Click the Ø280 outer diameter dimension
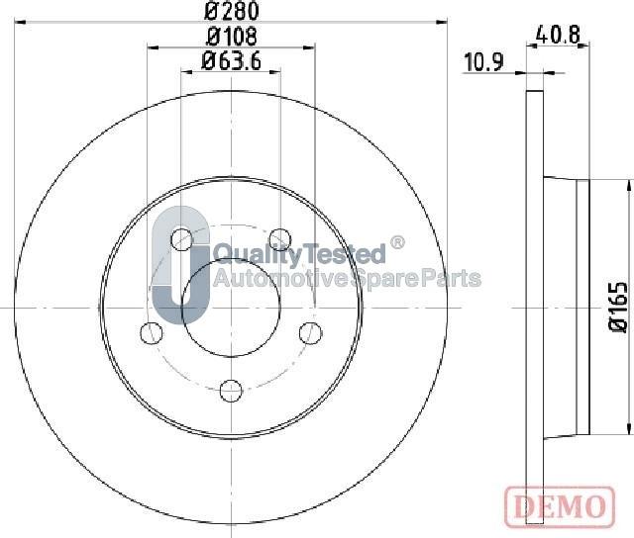[231, 13]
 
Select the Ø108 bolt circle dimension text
[231, 37]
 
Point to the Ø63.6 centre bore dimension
[231, 60]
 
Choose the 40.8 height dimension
[558, 32]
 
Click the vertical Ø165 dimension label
[619, 307]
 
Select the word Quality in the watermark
[248, 253]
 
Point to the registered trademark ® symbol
[397, 242]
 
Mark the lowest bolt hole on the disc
[231, 388]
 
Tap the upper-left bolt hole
[181, 237]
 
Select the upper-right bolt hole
[280, 237]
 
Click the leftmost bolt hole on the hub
[152, 331]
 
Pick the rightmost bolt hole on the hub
[310, 331]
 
